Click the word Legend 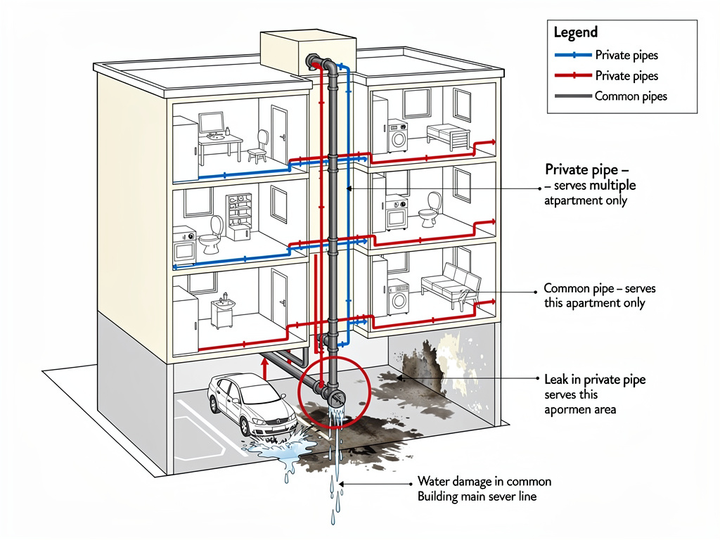(x=576, y=32)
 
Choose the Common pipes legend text (x=631, y=97)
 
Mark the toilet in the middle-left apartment (x=211, y=236)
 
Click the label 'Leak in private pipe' (x=595, y=380)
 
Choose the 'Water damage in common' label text (x=484, y=482)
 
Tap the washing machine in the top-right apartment (x=398, y=136)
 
